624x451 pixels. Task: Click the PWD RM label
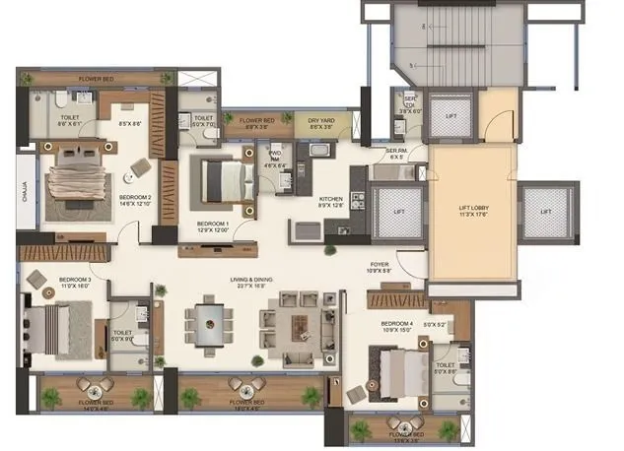pos(275,161)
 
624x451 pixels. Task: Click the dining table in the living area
pos(209,322)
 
